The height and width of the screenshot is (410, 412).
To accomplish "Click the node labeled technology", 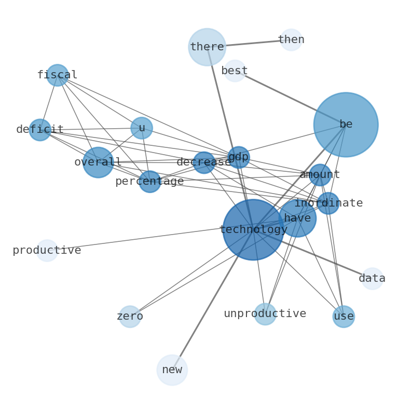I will (x=253, y=229).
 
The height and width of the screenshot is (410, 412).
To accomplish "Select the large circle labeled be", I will (x=346, y=125).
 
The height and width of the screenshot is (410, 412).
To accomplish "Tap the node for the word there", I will (x=207, y=47).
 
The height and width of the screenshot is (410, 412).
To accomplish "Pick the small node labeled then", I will (x=291, y=40).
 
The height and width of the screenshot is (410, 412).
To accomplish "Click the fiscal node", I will (x=57, y=75).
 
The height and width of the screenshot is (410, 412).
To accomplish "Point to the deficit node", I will (x=40, y=130).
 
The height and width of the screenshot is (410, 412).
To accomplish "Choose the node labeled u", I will (x=142, y=128).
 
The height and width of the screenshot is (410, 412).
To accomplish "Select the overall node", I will (x=98, y=162).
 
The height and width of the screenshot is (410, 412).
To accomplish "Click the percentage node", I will (x=149, y=182).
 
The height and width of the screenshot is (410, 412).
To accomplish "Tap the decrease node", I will (x=204, y=162).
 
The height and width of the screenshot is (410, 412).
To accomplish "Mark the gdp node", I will (x=239, y=157).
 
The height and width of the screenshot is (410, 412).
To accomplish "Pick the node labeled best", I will (x=235, y=71).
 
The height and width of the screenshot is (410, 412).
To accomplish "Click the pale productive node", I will (x=47, y=251).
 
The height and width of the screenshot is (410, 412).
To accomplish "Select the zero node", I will (x=130, y=317).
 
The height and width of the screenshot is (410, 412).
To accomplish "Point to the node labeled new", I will (x=172, y=370).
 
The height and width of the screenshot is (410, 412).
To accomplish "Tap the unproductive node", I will (x=265, y=314).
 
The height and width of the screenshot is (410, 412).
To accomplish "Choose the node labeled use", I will (x=344, y=317).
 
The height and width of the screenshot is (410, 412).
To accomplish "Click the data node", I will (x=372, y=279).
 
